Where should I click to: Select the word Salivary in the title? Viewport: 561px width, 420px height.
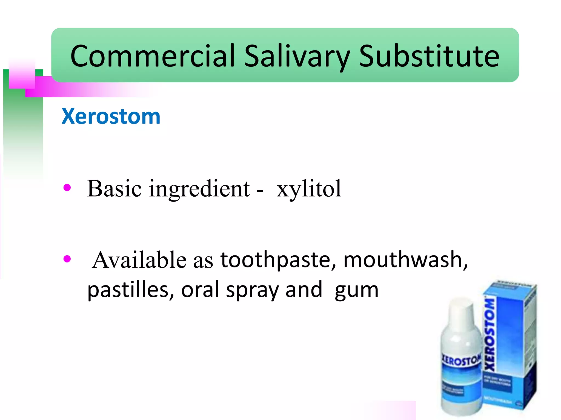(297, 57)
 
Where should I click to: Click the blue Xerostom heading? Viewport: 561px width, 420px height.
(111, 116)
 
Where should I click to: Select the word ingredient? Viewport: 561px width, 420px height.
(199, 189)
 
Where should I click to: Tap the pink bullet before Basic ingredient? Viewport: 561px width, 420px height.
(67, 188)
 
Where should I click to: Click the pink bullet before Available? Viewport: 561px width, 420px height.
(67, 258)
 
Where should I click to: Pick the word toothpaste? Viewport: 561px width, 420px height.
(278, 260)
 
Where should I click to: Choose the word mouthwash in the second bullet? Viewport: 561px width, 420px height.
(405, 260)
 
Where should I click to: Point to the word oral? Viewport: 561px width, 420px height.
(200, 290)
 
